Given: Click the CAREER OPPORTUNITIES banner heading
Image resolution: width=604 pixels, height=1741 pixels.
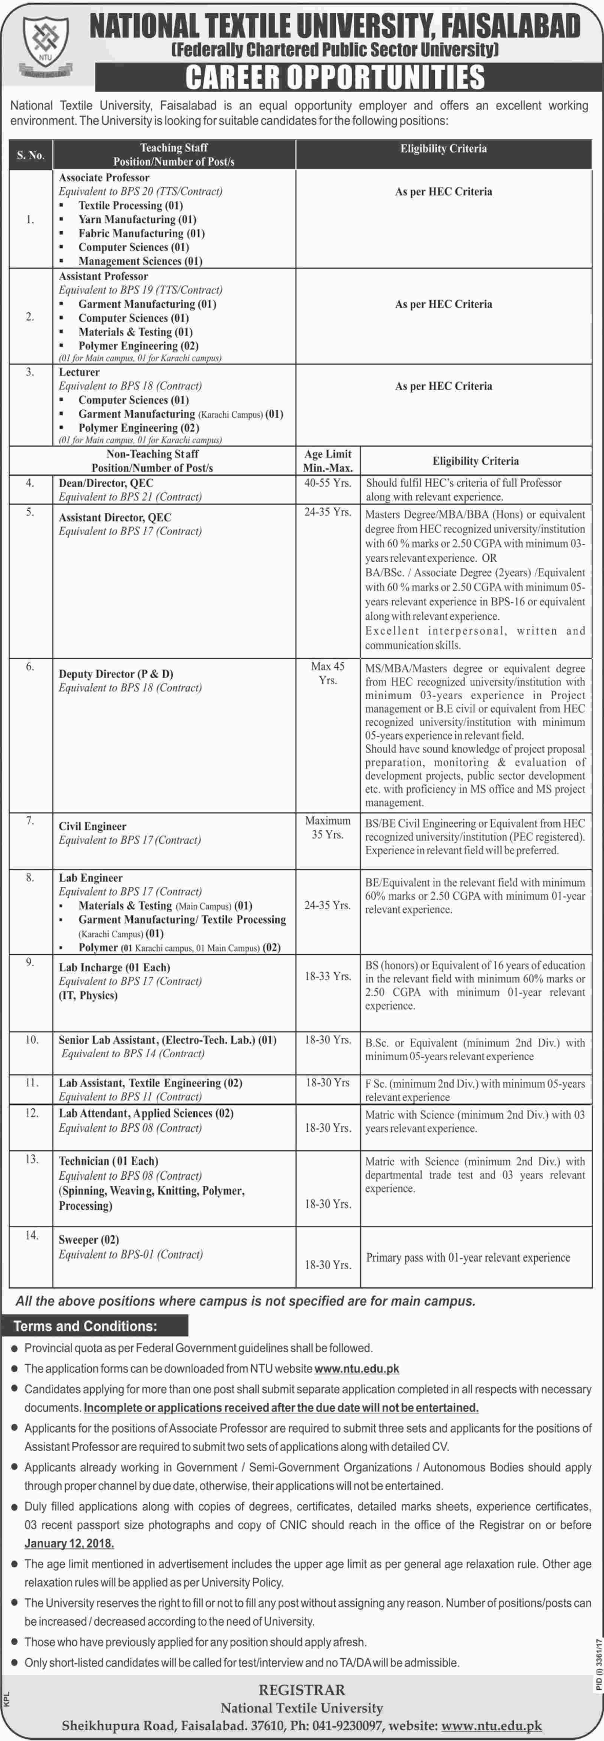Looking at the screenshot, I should click(335, 77).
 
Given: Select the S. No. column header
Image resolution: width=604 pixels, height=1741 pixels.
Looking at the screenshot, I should click(30, 155).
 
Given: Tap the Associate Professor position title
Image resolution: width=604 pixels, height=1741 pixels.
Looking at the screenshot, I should click(104, 177).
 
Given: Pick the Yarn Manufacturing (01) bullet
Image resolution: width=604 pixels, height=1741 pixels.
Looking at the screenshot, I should click(137, 219).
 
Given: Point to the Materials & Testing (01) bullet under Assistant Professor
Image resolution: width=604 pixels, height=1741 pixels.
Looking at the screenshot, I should click(135, 332).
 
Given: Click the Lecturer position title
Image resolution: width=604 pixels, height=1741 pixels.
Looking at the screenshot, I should click(79, 372).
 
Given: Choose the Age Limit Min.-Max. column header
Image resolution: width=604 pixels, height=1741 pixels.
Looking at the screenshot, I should click(328, 460).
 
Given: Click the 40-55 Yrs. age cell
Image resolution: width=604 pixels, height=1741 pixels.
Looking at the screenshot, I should click(328, 483).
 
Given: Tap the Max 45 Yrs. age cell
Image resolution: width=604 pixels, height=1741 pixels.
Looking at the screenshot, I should click(328, 673).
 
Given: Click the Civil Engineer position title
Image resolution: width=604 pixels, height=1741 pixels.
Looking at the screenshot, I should click(93, 826).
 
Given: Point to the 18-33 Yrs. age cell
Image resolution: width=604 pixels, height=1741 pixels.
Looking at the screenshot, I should click(328, 976).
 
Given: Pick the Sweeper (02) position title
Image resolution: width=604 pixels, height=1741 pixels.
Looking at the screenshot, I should click(89, 1240).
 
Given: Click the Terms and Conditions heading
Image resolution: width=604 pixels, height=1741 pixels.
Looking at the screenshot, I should click(85, 1326).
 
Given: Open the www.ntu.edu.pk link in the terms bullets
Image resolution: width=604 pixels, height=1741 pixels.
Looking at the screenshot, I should click(356, 1369).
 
